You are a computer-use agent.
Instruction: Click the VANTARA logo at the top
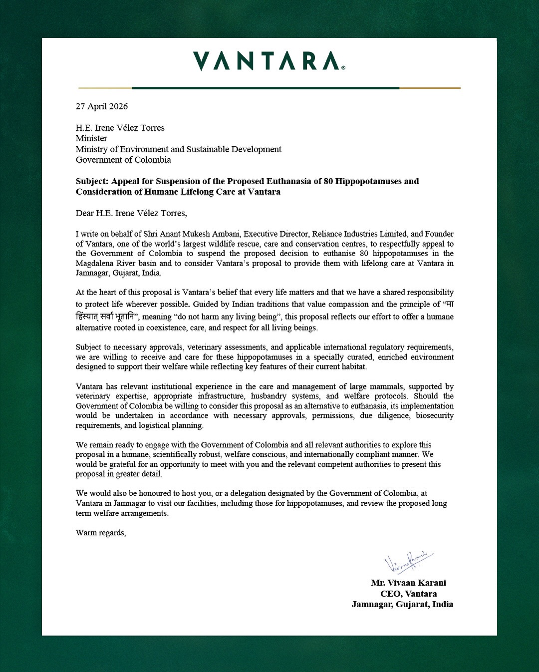coord(268,61)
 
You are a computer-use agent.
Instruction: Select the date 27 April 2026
coord(102,106)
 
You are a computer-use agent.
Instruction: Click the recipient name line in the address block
coord(120,128)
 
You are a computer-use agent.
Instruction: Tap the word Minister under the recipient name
coord(91,138)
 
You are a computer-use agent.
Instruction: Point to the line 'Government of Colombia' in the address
coord(123,160)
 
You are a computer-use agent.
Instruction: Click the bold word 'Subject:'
coord(92,181)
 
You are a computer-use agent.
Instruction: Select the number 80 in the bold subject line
coord(328,181)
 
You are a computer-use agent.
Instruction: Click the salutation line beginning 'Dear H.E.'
coord(131,213)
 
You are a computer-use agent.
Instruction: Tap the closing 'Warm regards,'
coord(101,533)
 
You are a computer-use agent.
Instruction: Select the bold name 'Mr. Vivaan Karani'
coord(408,583)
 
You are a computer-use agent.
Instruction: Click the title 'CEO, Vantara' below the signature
coord(408,594)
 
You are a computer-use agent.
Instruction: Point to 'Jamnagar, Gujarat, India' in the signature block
coord(402,604)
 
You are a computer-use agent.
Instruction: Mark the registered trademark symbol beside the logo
coord(343,68)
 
